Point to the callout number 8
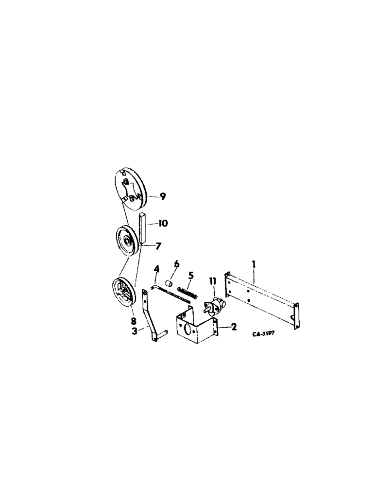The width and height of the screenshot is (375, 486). pos(133,321)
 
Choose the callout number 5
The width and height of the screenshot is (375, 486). pos(190,276)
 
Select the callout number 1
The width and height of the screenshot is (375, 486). pos(254,266)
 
